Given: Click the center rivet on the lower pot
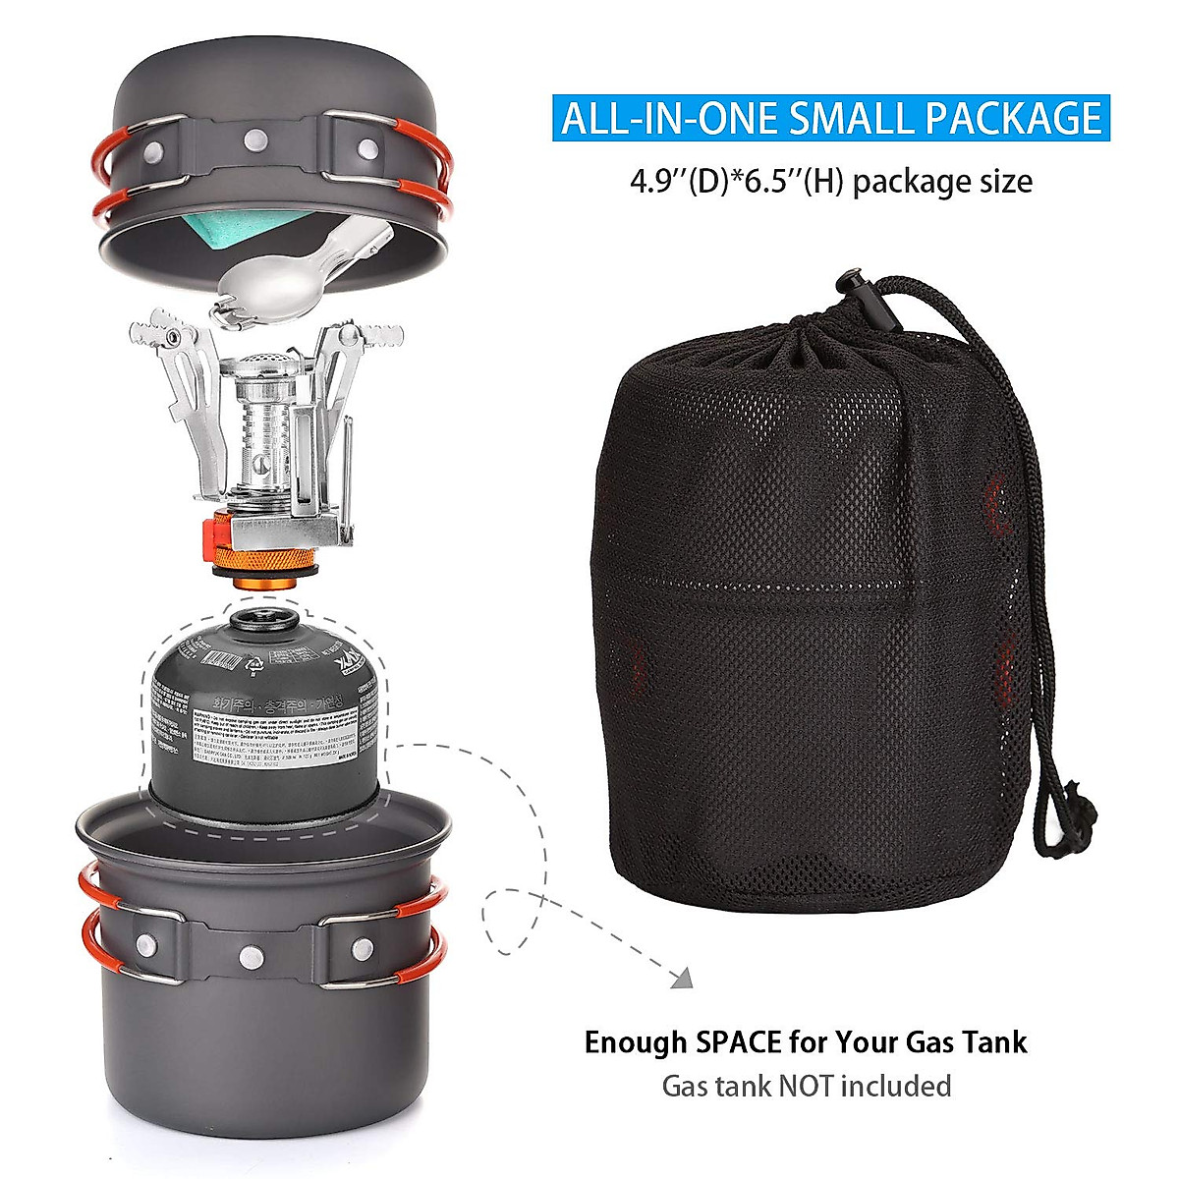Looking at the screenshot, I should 254,953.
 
